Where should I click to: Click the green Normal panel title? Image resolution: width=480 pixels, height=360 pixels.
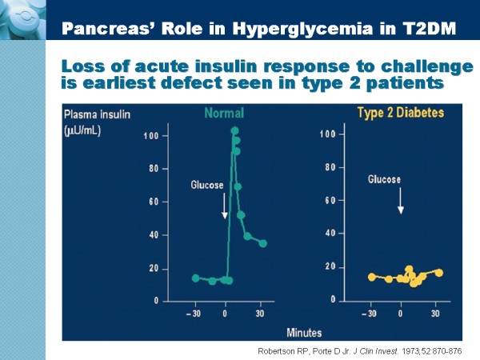pyautogui.click(x=224, y=113)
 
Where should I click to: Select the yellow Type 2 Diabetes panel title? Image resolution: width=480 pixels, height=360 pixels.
pyautogui.click(x=399, y=113)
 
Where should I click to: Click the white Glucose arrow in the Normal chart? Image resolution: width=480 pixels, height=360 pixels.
pyautogui.click(x=225, y=206)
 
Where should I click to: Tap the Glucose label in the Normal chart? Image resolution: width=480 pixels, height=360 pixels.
pyautogui.click(x=207, y=186)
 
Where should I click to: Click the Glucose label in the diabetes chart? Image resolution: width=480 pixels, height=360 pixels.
pyautogui.click(x=385, y=180)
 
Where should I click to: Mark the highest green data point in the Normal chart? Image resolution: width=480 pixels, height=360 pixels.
pyautogui.click(x=234, y=131)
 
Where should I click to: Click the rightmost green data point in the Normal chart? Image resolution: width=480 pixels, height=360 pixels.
pyautogui.click(x=262, y=243)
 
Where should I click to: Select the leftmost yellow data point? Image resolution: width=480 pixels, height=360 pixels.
pyautogui.click(x=371, y=277)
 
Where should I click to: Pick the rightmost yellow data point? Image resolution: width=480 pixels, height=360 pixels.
pyautogui.click(x=438, y=273)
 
